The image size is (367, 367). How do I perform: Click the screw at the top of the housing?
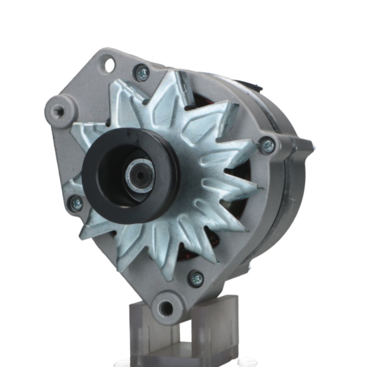pyautogui.click(x=142, y=73)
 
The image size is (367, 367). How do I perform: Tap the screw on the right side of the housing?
pyautogui.click(x=268, y=145)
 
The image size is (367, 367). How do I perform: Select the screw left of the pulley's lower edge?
pyautogui.click(x=76, y=203)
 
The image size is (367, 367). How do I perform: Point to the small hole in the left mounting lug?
pyautogui.click(x=58, y=110)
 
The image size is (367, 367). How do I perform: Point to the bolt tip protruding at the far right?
pyautogui.click(x=312, y=146)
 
